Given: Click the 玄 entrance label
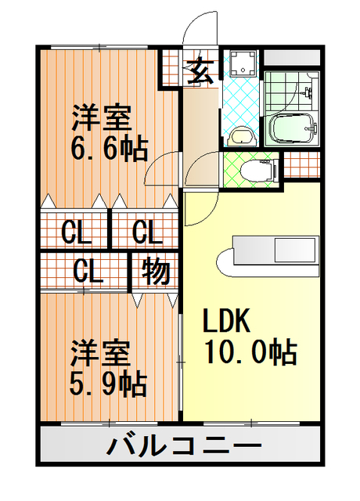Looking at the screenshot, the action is [x=200, y=70].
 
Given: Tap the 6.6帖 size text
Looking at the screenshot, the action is [x=110, y=149].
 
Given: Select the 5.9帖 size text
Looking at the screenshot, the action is [x=108, y=384].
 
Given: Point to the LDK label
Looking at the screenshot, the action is [x=226, y=320].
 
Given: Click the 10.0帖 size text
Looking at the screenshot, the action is [x=250, y=352].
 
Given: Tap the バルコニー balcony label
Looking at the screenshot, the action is [x=184, y=445].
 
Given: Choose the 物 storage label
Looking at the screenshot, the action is [x=156, y=272].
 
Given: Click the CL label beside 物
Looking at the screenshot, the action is [x=88, y=272].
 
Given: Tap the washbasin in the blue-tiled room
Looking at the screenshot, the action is [x=242, y=136].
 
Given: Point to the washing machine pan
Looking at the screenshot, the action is [x=243, y=63].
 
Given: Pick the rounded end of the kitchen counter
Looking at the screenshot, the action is [x=225, y=262].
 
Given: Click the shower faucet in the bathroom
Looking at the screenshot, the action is [x=308, y=92].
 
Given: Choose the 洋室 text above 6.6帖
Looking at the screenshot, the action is [x=101, y=117].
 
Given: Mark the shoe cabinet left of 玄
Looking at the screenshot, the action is [x=169, y=68].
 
